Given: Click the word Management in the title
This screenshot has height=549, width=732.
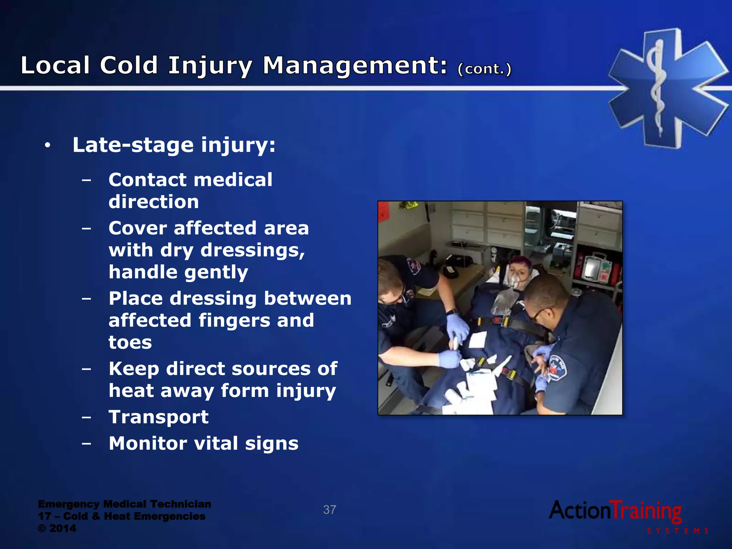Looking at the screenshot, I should (355, 66).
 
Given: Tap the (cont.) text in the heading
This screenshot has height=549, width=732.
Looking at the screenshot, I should (484, 69).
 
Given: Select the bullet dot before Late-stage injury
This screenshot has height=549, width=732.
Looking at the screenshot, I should (48, 146).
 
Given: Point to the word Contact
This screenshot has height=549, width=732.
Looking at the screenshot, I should (147, 179).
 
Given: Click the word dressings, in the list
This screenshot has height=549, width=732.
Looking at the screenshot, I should (253, 250).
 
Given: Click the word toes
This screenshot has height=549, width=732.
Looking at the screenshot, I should (130, 342).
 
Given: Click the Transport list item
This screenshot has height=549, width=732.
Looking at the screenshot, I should (158, 417).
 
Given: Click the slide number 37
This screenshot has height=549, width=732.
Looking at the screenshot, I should (330, 510).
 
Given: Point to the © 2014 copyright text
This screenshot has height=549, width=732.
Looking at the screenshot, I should (57, 528).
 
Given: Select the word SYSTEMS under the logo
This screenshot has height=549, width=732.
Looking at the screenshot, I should (677, 531).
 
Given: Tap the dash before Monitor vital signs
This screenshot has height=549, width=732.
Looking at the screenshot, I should (86, 444).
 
